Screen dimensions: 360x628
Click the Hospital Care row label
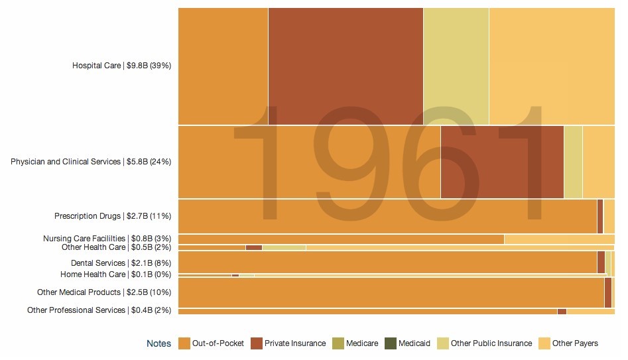tap(121, 66)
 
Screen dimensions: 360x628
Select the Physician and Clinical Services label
tap(90, 162)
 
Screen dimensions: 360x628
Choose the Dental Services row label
tap(121, 263)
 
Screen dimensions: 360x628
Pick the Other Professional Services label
tap(99, 310)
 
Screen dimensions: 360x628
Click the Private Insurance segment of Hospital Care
tap(345, 66)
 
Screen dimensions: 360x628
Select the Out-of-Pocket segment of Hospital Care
tap(223, 66)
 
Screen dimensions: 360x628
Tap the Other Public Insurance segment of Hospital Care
tap(456, 66)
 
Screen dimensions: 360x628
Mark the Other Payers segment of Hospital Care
tap(551, 66)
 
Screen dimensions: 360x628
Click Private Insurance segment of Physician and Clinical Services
tap(502, 162)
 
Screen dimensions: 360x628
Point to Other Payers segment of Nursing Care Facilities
tap(559, 239)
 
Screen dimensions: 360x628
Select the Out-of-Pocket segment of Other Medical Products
tap(391, 292)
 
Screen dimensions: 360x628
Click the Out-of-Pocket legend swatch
tap(184, 343)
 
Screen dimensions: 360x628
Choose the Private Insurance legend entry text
tap(295, 343)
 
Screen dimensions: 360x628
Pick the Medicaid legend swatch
tap(390, 343)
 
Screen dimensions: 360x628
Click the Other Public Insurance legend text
tap(491, 343)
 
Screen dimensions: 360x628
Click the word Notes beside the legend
tap(158, 343)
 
